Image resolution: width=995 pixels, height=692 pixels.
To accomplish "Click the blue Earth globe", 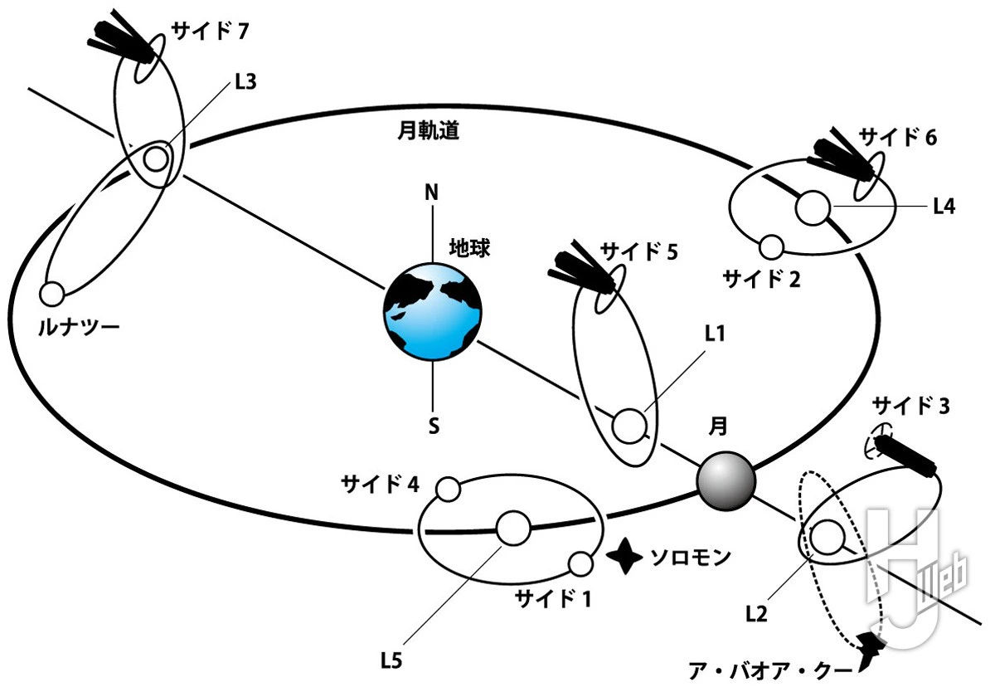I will [x=431, y=311].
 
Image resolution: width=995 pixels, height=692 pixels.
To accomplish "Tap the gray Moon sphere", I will [x=726, y=481].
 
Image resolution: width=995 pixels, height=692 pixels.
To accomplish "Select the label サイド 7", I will [x=209, y=32].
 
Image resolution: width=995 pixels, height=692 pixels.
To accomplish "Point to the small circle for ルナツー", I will [x=52, y=294].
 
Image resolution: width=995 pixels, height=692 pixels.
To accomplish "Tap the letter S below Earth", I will [x=433, y=426].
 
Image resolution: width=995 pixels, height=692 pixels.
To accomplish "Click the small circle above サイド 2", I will [x=772, y=246].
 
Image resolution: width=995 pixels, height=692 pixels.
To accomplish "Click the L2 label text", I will [x=756, y=614].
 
